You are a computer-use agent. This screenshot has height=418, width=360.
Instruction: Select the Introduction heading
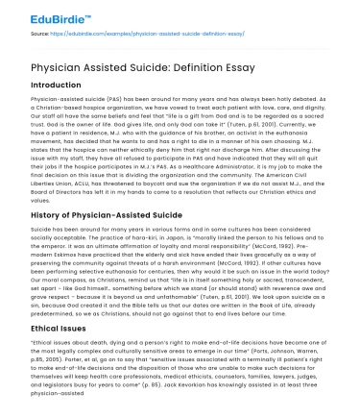point(57,85)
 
